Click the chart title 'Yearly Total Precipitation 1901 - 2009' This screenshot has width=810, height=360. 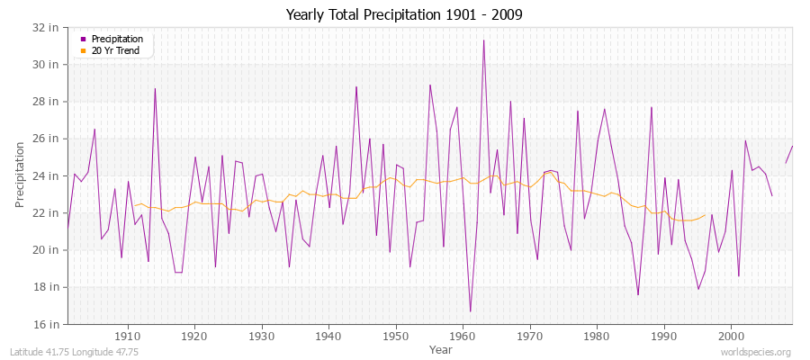click(404, 14)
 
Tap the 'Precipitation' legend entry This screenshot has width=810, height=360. click(117, 39)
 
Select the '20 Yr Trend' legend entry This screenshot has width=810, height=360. click(117, 50)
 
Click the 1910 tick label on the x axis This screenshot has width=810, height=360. click(128, 336)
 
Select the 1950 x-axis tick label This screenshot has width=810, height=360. click(396, 336)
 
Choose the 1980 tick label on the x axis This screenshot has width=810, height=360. click(597, 336)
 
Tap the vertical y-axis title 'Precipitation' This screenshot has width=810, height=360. click(20, 175)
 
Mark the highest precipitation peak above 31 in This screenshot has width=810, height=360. click(483, 40)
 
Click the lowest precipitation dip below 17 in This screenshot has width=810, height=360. click(470, 310)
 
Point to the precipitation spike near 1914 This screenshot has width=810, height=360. click(155, 88)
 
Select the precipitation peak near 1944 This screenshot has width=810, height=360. click(356, 86)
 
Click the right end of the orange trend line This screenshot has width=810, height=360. click(705, 215)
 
